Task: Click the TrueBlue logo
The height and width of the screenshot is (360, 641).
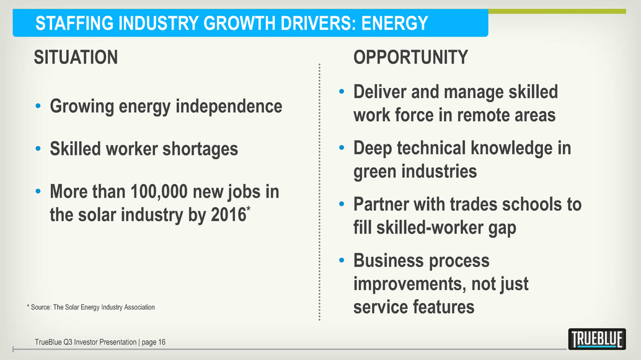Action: pos(597,339)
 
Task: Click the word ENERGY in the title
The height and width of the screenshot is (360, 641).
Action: pos(394,24)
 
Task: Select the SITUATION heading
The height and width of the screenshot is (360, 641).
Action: pos(76,57)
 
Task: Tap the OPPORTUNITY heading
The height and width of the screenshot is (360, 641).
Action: pos(410,57)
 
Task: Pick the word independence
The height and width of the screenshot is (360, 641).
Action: pos(229,106)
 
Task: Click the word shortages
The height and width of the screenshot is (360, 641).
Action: pos(200,149)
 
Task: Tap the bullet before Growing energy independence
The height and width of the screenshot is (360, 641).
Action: pos(38,106)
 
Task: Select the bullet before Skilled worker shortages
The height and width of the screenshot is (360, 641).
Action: pos(38,149)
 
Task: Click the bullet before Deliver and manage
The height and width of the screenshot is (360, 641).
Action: pos(342,92)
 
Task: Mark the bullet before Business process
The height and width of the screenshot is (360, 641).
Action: pos(342,260)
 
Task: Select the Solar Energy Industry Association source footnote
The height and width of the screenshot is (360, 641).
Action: pos(91,307)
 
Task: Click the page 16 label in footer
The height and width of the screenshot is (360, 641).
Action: pos(153,343)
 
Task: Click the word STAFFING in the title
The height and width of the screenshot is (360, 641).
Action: pos(74,24)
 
